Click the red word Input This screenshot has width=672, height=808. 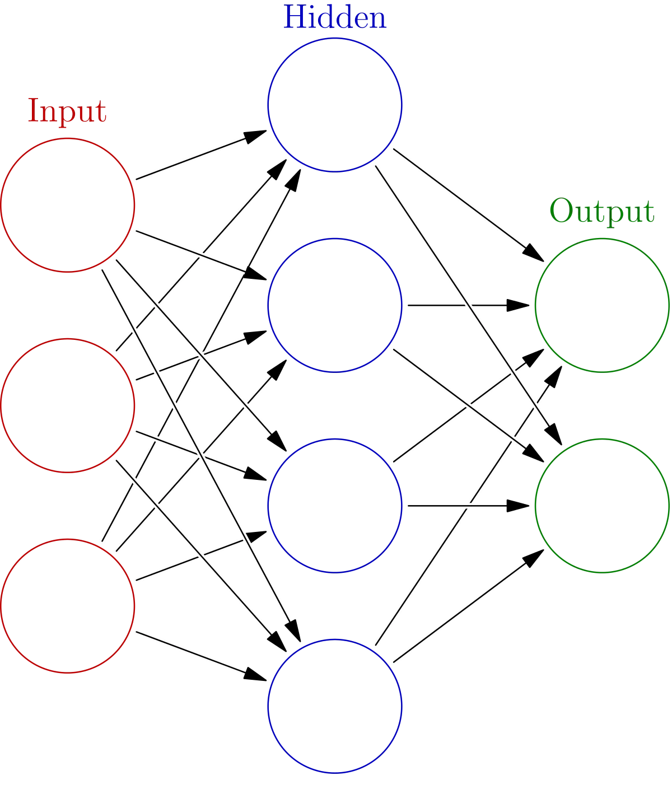(67, 111)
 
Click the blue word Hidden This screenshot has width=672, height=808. (335, 18)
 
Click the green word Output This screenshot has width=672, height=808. (601, 212)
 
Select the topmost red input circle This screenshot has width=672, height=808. (68, 205)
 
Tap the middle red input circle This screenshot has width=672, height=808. (68, 405)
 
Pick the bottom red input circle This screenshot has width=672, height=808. (68, 605)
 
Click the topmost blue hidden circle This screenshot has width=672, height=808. (335, 105)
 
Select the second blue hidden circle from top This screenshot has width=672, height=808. (335, 305)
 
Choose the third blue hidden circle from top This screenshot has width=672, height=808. (335, 505)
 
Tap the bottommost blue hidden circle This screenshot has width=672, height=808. (335, 706)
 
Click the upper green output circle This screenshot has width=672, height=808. (601, 305)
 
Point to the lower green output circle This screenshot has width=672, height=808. (601, 505)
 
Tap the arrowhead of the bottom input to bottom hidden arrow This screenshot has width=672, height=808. (263, 680)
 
